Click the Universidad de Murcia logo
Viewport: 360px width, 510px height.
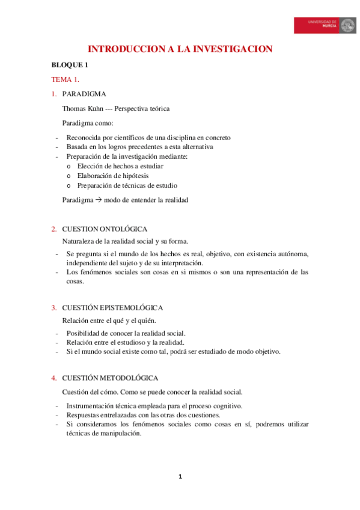click(x=325, y=25)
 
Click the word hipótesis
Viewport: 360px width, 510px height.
click(x=134, y=176)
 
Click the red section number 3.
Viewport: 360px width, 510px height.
click(x=53, y=307)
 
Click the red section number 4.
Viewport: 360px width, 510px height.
click(x=53, y=378)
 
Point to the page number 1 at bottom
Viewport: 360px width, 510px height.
click(x=180, y=477)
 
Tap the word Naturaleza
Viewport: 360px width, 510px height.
click(x=79, y=241)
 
